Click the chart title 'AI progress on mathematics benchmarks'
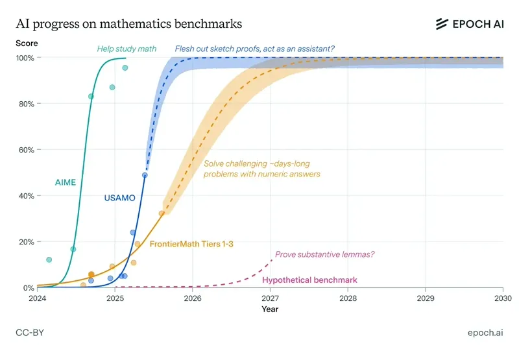pos(129,24)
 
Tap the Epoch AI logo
pos(469,24)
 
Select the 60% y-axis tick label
pos(27,150)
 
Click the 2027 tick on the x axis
pos(271,298)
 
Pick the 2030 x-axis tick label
pos(503,298)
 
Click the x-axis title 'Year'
pos(270,309)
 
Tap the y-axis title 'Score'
pos(27,43)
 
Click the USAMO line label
pos(119,198)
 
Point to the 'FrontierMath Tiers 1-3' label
pos(192,245)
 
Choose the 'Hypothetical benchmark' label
pos(309,280)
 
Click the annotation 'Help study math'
pos(127,48)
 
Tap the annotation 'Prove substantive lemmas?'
pos(324,255)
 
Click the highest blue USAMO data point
pos(145,175)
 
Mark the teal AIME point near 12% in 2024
pos(49,259)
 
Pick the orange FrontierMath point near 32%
pos(162,213)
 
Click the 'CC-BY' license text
pos(30,333)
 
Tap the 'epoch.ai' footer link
pos(485,333)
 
